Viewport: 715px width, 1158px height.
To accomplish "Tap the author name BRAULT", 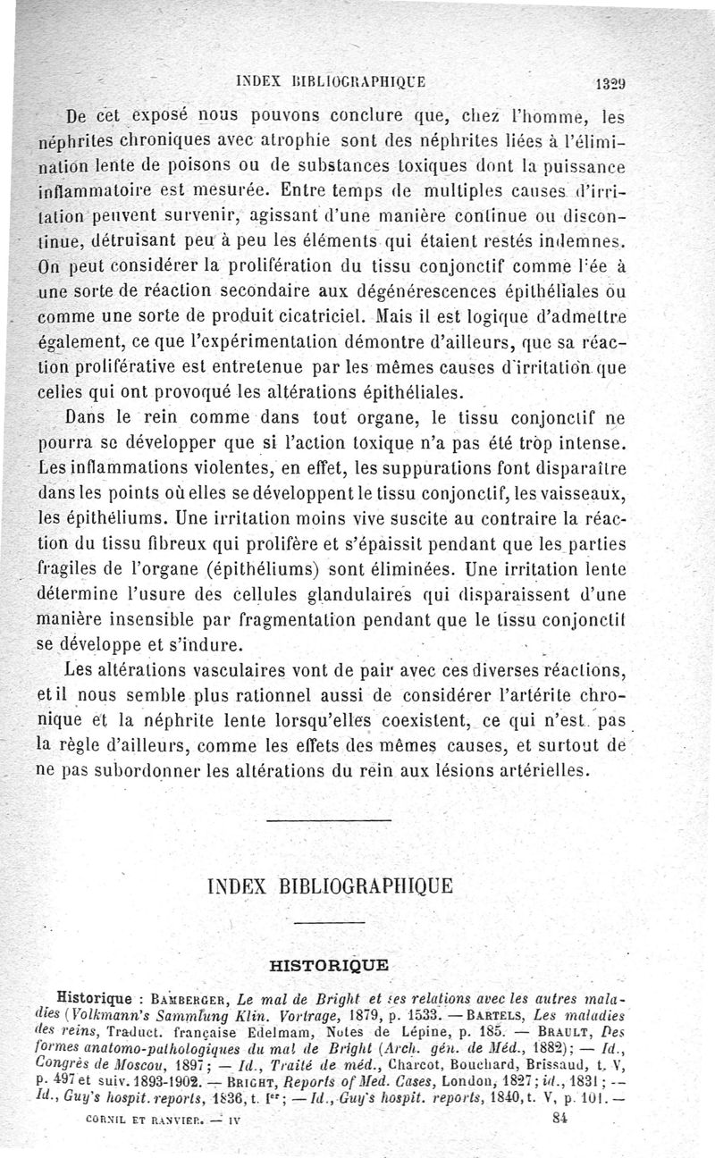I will [x=588, y=1033].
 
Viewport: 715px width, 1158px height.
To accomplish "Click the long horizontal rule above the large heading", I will [x=329, y=819].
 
